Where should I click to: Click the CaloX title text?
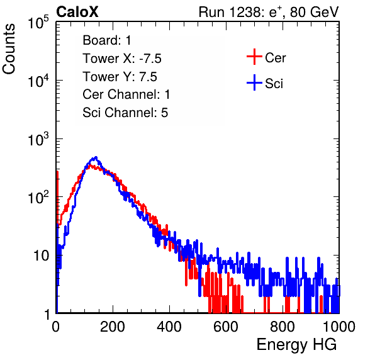click(x=77, y=12)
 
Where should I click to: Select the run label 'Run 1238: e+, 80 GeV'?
click(x=269, y=12)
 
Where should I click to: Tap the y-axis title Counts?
click(x=9, y=49)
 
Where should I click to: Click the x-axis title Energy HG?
click(x=296, y=345)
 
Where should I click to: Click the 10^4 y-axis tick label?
click(x=39, y=81)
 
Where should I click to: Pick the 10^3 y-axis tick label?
click(x=39, y=139)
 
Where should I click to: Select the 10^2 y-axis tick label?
click(x=39, y=198)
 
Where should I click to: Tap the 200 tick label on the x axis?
click(x=113, y=327)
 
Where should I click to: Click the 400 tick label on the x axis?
click(x=169, y=327)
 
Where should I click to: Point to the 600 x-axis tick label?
click(x=226, y=327)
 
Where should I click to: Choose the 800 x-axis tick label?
click(x=283, y=327)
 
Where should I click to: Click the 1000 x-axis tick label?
click(x=339, y=327)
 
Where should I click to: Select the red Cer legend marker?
click(x=254, y=57)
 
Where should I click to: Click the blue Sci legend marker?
click(x=254, y=82)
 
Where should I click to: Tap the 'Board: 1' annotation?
click(x=107, y=40)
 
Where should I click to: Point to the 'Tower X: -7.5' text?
click(x=122, y=59)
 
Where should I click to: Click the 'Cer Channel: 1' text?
click(x=126, y=94)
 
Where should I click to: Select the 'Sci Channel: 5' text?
click(x=125, y=113)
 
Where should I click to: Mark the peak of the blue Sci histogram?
click(x=96, y=157)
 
